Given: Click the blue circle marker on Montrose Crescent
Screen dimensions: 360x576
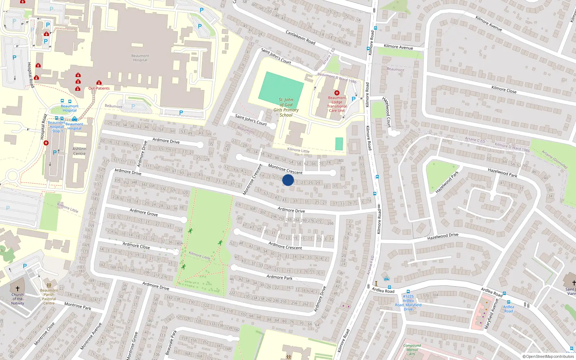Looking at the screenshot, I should coord(288,180).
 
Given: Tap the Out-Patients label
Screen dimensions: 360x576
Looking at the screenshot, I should coord(99,88).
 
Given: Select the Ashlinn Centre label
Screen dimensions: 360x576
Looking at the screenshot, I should coord(79,151).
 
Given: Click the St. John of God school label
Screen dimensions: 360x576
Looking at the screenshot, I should coord(286,107).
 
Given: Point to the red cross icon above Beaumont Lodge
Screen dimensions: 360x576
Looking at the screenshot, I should coord(337,93).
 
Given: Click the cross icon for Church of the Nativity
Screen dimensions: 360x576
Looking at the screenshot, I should coord(17,289).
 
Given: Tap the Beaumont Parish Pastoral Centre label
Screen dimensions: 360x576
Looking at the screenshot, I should coord(49,297).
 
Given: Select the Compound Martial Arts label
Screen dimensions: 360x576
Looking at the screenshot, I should coord(412,350).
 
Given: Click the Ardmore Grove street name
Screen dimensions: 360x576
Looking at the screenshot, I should coord(144,212).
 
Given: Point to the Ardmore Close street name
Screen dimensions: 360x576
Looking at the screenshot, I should coord(136,246).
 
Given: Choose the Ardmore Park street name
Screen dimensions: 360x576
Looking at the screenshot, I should coord(279,277).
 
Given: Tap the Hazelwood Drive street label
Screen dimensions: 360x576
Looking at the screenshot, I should coord(443,237).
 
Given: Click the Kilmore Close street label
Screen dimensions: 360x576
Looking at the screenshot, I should coord(504,89).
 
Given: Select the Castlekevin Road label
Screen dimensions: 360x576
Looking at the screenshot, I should coord(300,37).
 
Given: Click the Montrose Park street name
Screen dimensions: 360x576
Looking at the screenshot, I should coord(78,306).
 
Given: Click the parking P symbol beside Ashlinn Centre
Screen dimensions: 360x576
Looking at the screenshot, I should coord(55,153).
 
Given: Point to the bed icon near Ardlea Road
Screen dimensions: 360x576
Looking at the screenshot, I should coord(387,279).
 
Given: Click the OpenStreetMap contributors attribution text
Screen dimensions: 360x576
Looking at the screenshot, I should coord(548,356).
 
